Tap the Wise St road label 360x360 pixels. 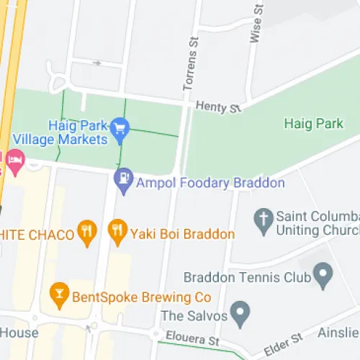(x=255, y=24)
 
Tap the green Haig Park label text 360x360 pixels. (x=313, y=123)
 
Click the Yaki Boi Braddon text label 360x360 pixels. (x=182, y=234)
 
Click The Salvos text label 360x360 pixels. (x=194, y=315)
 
